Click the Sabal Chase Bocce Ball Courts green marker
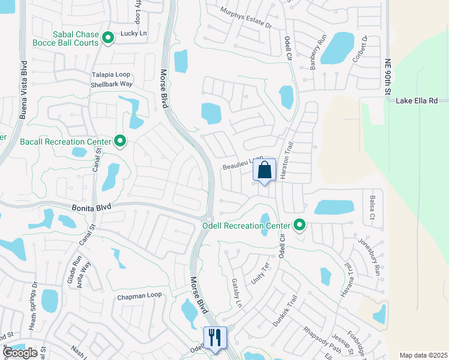pos(108,38)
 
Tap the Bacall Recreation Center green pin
pos(120,142)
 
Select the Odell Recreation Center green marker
pos(300,226)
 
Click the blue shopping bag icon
pos(264,170)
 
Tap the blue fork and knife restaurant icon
pos(214,337)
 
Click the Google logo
pos(20,353)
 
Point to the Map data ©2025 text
pos(423,355)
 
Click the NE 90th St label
pos(388,77)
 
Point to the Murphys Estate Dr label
pos(246,19)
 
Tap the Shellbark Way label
pos(111,84)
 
